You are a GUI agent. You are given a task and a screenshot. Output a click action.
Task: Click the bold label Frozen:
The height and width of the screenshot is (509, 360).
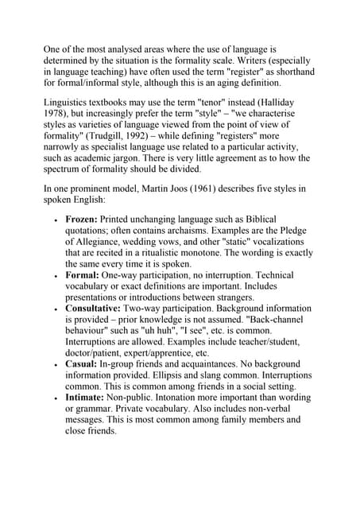pos(85,218)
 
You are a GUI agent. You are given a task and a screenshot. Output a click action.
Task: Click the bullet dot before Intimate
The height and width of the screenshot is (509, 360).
pos(55,398)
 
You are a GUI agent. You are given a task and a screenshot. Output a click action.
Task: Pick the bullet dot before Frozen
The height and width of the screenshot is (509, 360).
pos(55,220)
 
